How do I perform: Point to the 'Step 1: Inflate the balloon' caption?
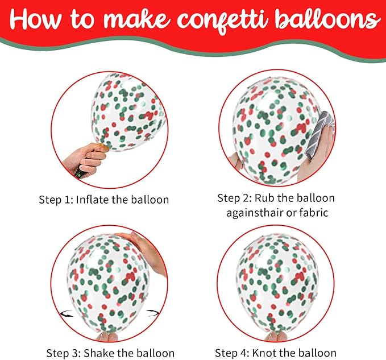point(103,200)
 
